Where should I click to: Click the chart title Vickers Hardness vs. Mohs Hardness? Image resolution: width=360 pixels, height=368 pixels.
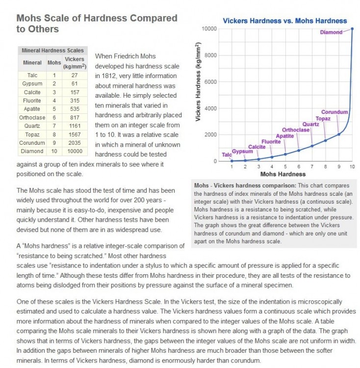coord(284,21)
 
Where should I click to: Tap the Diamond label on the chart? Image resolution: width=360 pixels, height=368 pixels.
coord(332,32)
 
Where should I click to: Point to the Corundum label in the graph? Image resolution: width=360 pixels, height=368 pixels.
coord(334,112)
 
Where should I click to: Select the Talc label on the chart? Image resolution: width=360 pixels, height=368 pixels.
coord(227,155)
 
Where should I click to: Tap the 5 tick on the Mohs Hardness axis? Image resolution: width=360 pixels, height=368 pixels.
coord(285,167)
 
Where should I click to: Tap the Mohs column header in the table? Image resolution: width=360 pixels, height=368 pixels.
coord(54,63)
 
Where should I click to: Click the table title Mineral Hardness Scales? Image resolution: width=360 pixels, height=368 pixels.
coord(52,51)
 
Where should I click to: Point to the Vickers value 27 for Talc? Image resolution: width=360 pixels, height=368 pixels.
coord(75,75)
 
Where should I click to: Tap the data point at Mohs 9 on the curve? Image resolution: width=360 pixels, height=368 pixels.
coord(338,134)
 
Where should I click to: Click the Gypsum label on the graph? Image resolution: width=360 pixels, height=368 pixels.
coord(242,151)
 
